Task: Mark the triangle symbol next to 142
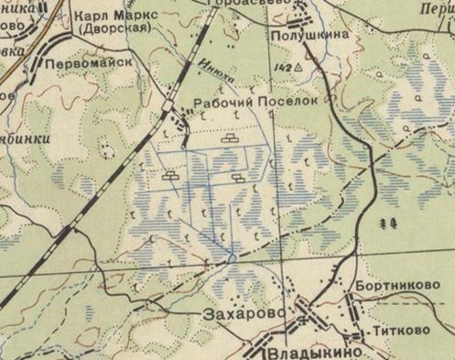pos(298,68)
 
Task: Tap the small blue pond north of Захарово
pos(232,259)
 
